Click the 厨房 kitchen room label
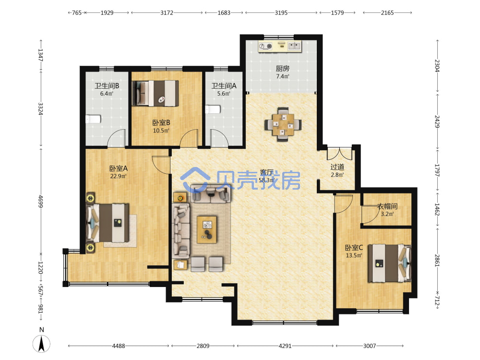[282, 69]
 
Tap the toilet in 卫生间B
[93, 119]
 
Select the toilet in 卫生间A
[213, 109]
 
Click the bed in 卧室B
[155, 94]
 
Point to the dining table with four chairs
[283, 124]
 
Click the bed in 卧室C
[389, 263]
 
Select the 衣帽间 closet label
[387, 206]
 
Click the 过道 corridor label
[337, 167]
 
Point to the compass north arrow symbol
[42, 344]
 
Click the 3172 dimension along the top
[167, 13]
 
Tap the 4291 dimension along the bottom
[285, 346]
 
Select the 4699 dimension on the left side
[40, 201]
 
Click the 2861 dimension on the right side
[437, 261]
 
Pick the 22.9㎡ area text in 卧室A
[118, 176]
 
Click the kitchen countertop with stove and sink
[280, 47]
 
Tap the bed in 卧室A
[108, 223]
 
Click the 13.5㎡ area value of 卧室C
[354, 255]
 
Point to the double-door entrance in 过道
[340, 154]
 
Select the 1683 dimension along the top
[224, 13]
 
